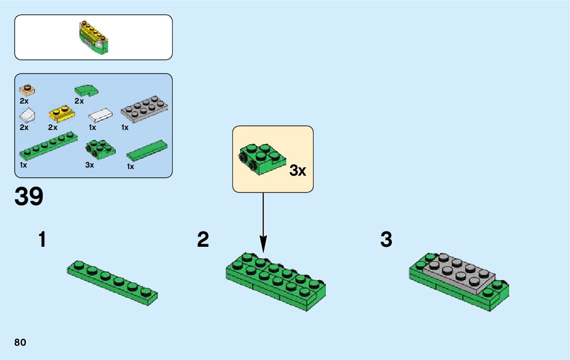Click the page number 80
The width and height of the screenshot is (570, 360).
click(x=20, y=342)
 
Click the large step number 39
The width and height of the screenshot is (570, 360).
click(x=29, y=197)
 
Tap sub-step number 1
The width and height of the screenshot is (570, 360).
click(x=43, y=240)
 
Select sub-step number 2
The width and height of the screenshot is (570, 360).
click(x=203, y=240)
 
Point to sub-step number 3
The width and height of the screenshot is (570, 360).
click(x=386, y=240)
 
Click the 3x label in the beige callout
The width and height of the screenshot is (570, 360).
click(x=297, y=171)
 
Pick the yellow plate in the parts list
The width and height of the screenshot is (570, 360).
click(x=60, y=114)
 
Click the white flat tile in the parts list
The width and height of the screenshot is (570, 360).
click(x=100, y=115)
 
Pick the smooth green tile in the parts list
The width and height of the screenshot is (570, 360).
click(x=146, y=150)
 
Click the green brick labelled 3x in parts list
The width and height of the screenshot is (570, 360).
click(x=99, y=148)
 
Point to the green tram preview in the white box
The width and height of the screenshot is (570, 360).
click(x=93, y=38)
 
